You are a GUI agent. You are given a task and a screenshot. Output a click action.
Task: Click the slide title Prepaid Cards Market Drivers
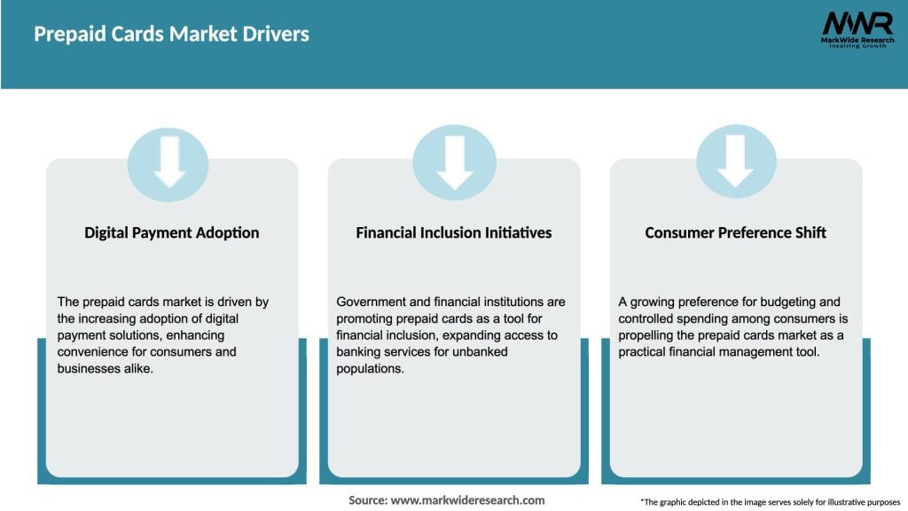pos(172,35)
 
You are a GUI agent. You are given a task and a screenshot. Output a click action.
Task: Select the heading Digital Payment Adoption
pos(172,232)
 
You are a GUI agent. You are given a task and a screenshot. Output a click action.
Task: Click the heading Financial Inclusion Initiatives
pos(454,232)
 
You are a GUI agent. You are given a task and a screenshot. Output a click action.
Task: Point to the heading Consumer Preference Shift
pos(736,232)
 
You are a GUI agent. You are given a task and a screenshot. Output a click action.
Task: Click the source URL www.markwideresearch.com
pos(467,500)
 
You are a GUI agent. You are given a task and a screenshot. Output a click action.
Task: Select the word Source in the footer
pos(367,500)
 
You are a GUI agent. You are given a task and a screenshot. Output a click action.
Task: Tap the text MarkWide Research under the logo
pos(857,40)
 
